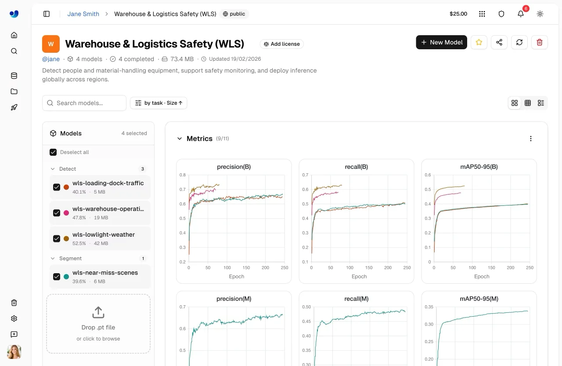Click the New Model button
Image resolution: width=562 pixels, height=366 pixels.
[x=441, y=42]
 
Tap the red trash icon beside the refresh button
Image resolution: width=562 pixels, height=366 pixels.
[x=540, y=42]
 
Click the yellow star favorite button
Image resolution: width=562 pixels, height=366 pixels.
[x=479, y=42]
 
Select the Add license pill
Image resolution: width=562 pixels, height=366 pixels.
[x=281, y=44]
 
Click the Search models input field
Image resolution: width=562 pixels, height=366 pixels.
[x=84, y=103]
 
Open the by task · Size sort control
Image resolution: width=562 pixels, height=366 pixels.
[x=159, y=103]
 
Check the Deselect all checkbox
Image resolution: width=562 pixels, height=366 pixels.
[x=53, y=152]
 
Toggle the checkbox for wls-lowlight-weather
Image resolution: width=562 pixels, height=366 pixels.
[x=57, y=238]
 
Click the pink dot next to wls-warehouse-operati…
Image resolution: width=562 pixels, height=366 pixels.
[x=66, y=213]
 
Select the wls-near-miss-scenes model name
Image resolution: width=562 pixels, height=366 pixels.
[x=105, y=272]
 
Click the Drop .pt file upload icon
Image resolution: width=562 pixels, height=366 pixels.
[x=98, y=312]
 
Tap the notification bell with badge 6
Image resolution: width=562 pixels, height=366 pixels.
[x=521, y=14]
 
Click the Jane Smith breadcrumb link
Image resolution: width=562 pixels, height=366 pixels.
[x=83, y=14]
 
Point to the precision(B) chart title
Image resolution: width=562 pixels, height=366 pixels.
[x=234, y=167]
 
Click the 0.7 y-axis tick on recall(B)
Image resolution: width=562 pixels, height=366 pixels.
[x=305, y=175]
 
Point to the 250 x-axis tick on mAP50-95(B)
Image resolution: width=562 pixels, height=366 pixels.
[x=530, y=267]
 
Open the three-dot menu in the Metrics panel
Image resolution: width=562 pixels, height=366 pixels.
[x=531, y=139]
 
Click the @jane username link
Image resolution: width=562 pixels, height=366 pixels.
[x=51, y=59]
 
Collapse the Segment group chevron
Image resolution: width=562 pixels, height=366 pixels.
[x=53, y=258]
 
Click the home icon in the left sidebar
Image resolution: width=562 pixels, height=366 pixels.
[x=14, y=35]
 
